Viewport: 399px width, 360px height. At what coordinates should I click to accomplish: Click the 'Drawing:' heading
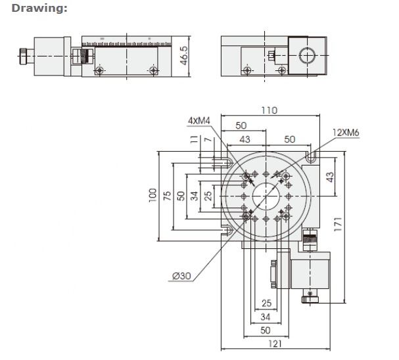[x=39, y=8]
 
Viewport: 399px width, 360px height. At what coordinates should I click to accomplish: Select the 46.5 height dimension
[x=183, y=55]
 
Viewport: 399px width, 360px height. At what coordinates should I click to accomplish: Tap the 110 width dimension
[x=270, y=110]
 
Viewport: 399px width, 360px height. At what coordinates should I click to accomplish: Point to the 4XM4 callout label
[x=199, y=120]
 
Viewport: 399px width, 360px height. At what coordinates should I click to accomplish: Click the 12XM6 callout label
[x=346, y=133]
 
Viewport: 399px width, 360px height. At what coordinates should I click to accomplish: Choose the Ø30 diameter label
[x=181, y=276]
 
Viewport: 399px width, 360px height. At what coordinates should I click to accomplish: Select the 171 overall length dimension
[x=338, y=224]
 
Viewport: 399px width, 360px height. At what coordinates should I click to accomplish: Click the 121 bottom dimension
[x=275, y=344]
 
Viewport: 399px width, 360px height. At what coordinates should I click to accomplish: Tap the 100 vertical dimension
[x=153, y=195]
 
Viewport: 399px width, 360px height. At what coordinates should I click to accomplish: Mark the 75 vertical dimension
[x=167, y=196]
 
